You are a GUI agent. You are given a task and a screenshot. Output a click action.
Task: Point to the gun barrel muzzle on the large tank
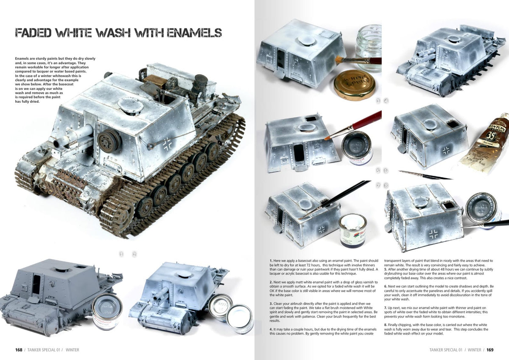55,142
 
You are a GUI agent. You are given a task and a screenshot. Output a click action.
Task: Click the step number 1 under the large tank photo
121,254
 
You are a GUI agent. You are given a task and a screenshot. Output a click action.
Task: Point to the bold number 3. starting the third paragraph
271,304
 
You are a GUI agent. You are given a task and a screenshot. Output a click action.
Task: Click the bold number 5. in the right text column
386,270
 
